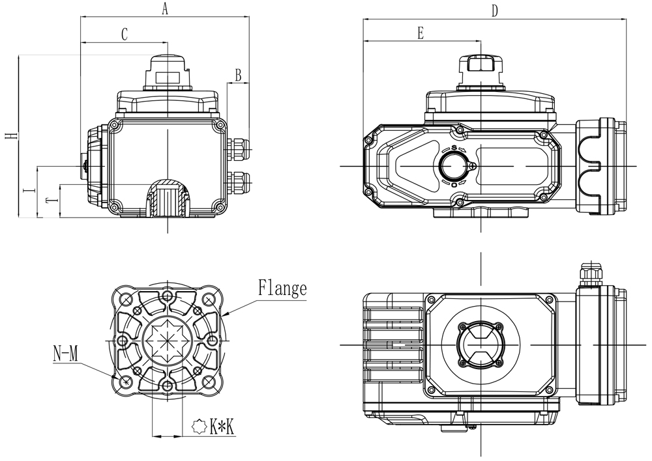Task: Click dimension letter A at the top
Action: [165, 8]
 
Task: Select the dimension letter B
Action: [239, 75]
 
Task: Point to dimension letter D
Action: [495, 11]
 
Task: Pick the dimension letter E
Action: [421, 33]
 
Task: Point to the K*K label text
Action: [222, 427]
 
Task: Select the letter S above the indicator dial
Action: [454, 148]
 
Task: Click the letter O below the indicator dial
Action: [454, 185]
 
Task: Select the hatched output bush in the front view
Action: [167, 196]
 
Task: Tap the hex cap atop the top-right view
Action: [480, 64]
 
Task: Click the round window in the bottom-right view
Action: [481, 343]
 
